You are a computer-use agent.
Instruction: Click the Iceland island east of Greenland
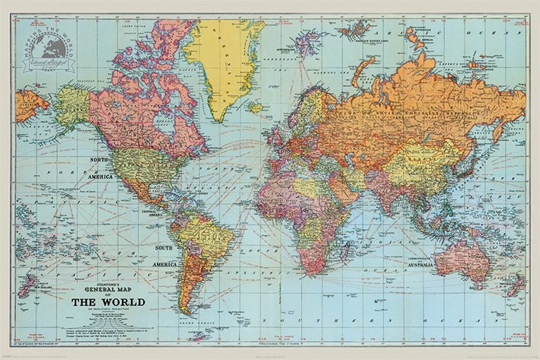[x=257, y=104]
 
